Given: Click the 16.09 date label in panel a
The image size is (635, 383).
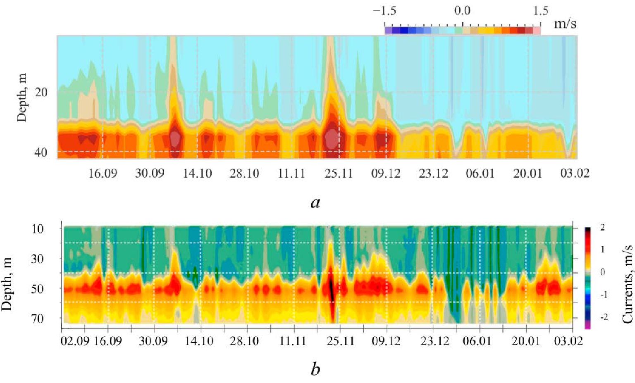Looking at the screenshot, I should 103,173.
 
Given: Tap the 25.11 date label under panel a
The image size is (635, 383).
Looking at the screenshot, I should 339,173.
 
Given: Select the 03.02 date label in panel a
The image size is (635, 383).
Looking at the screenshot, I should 575,173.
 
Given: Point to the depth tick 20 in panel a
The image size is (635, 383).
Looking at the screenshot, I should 41,92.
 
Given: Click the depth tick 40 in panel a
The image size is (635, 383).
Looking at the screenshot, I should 41,152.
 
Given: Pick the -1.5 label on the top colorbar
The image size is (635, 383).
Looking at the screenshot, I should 384,11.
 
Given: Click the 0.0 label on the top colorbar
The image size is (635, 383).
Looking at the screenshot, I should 462,11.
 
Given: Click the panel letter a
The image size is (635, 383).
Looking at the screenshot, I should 315,202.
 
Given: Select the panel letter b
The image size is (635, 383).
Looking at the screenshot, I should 315,369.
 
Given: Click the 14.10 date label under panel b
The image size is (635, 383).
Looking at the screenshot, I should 200,341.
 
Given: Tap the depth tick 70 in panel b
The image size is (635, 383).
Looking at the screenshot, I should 38,318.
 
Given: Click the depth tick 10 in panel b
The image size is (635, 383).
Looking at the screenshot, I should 38,228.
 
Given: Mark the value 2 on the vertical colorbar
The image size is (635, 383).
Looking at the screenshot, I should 602,228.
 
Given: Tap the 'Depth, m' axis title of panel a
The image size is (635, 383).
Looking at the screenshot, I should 22,98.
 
